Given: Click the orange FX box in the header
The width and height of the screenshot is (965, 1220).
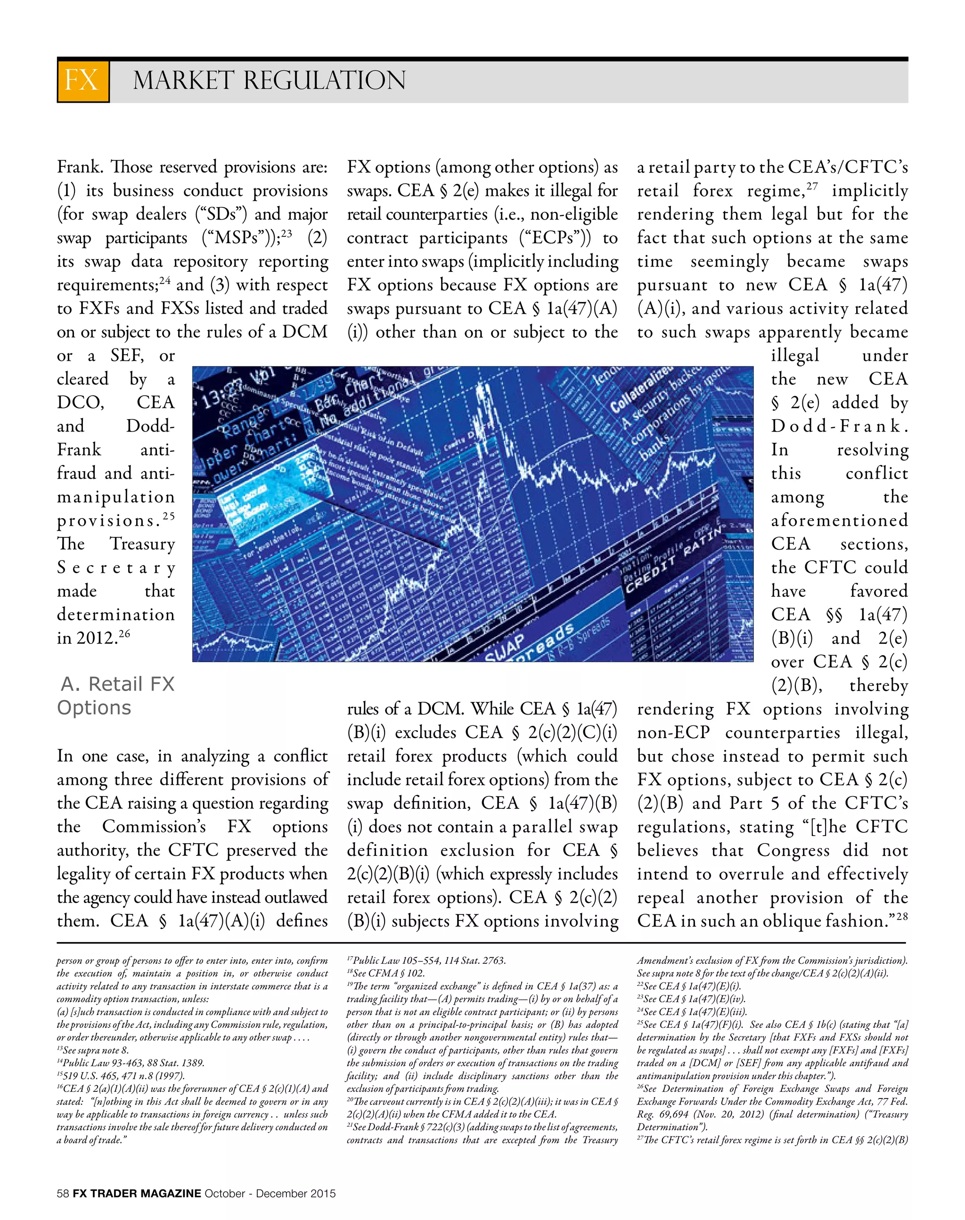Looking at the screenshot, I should pyautogui.click(x=82, y=80).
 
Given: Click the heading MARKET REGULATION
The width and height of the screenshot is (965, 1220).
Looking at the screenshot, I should pyautogui.click(x=269, y=81).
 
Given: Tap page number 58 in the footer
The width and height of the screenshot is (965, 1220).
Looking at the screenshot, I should pyautogui.click(x=63, y=1194).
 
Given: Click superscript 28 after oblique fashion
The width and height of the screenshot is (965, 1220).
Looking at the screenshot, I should pyautogui.click(x=902, y=916).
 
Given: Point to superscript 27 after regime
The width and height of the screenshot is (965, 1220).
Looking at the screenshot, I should pyautogui.click(x=813, y=187).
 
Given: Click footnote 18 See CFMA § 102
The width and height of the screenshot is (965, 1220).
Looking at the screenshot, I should pyautogui.click(x=385, y=973).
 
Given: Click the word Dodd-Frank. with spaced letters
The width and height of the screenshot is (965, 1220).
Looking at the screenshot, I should pyautogui.click(x=840, y=426).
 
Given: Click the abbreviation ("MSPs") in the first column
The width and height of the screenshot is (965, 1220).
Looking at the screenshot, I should pyautogui.click(x=241, y=238).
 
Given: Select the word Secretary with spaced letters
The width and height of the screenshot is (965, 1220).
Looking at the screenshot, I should pyautogui.click(x=116, y=568).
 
